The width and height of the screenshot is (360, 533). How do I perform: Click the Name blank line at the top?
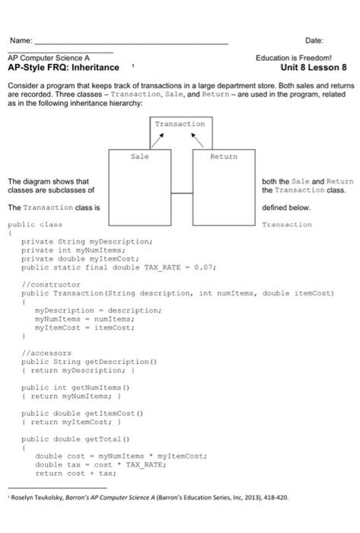132,44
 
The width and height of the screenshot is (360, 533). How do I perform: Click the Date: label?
314,40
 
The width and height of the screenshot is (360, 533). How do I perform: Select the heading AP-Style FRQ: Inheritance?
63,67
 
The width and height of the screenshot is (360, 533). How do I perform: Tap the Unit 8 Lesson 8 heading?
314,67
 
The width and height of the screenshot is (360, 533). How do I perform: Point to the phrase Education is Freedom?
294,58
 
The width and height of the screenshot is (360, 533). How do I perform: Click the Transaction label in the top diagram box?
180,124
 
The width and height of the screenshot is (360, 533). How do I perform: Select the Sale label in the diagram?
139,157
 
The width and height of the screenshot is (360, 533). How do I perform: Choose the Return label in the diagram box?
224,157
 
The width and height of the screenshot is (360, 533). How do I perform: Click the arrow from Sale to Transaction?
158,140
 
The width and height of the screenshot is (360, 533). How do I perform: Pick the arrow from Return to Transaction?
197,140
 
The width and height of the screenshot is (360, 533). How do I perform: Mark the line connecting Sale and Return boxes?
182,193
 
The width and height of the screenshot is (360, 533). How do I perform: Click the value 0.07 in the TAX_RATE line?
203,267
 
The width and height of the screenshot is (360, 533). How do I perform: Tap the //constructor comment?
51,285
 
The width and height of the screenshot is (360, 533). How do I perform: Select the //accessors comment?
46,353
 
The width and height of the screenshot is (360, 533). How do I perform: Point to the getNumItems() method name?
100,388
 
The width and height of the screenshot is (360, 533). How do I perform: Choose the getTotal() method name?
107,439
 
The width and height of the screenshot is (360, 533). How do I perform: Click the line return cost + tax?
75,474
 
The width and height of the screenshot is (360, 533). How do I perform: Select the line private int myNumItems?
73,251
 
